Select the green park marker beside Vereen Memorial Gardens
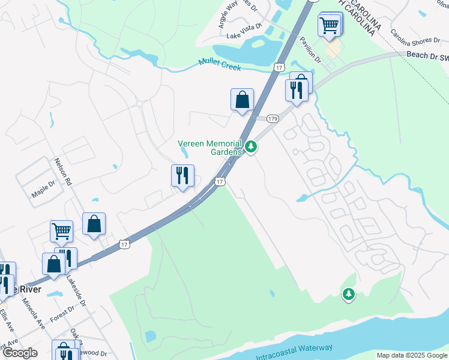point(251,146)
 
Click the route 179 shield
point(273,119)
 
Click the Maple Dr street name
point(43,194)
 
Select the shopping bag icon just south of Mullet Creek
point(242,100)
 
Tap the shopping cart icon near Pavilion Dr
point(329,25)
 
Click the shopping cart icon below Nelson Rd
point(61,230)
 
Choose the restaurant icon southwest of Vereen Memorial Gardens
point(182,176)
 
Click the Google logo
point(20,353)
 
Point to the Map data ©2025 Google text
point(411,355)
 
